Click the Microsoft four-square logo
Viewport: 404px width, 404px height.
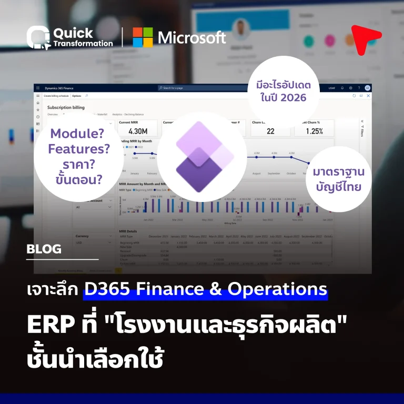(x=143, y=37)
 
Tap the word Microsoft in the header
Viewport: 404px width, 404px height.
(x=192, y=37)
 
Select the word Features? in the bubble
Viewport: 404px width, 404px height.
(x=79, y=149)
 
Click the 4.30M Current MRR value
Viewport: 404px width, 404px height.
(x=130, y=132)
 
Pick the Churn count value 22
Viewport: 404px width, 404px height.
(x=270, y=132)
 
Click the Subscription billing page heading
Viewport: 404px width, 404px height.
(x=66, y=107)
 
